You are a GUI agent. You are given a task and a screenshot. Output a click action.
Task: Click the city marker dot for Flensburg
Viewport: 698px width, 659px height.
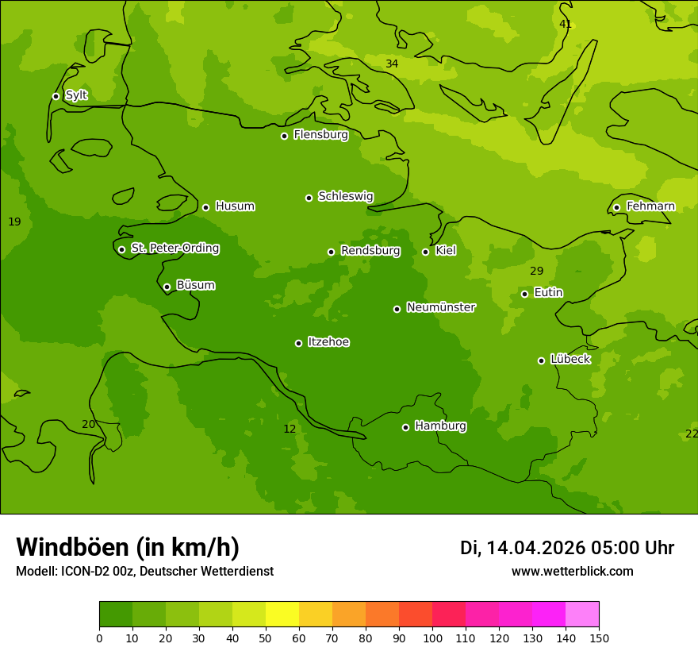coord(284,136)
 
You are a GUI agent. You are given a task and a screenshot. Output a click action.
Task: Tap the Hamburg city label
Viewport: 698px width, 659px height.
coord(440,426)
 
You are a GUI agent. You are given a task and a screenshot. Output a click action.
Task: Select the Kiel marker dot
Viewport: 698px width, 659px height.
coord(425,252)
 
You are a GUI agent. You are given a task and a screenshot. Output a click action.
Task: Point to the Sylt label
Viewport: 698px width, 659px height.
coord(76,95)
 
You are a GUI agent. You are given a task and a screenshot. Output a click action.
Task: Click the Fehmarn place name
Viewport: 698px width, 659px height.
coord(650,206)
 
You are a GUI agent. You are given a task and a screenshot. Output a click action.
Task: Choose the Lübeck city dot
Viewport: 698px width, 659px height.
coord(541,360)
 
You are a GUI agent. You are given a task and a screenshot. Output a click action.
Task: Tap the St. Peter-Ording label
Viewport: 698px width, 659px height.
coord(174,249)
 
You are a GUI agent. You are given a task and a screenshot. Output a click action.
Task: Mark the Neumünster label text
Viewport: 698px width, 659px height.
coord(441,307)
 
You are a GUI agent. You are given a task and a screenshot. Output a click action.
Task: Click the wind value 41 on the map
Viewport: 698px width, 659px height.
coord(566,25)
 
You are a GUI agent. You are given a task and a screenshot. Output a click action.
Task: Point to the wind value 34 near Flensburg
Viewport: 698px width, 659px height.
coord(392,64)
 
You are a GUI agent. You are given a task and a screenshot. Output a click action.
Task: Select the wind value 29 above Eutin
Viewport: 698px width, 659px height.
coord(537,272)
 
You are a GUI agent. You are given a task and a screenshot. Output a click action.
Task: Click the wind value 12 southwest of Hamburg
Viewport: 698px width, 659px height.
coord(290,429)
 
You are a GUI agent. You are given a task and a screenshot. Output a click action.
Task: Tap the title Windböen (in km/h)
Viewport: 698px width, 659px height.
coord(128,547)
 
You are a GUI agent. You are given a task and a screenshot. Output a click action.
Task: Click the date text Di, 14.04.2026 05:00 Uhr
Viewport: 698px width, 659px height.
coord(567,548)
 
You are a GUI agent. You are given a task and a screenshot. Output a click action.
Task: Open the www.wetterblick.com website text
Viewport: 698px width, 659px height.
coord(572,572)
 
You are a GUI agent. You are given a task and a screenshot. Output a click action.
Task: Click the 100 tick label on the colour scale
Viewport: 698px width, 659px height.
coord(432,638)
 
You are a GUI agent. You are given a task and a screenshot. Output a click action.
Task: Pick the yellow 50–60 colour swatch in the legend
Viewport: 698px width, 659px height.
coord(282,615)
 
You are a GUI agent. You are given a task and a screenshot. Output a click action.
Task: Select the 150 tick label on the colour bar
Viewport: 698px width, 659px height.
coord(599,638)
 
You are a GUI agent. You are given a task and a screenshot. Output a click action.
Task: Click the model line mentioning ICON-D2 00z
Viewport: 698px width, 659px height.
coord(144,572)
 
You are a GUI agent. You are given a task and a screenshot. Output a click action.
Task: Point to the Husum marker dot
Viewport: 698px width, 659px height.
coord(205,207)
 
